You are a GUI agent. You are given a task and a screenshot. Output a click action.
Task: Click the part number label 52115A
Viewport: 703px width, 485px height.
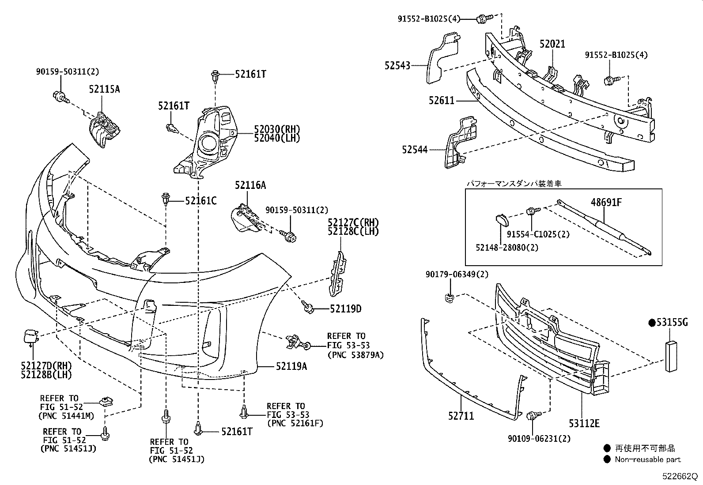click(104, 89)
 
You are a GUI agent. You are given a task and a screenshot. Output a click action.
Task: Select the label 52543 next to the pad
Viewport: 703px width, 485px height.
click(397, 65)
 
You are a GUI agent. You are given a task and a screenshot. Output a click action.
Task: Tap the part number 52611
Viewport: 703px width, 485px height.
click(441, 101)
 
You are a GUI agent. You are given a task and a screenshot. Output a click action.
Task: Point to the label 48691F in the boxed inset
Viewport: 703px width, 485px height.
click(606, 203)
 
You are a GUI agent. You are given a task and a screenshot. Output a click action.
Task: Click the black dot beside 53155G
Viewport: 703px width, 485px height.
click(651, 323)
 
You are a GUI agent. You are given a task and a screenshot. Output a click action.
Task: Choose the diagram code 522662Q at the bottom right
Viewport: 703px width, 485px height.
click(678, 477)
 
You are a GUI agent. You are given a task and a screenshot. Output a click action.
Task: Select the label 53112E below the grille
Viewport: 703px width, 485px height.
click(584, 424)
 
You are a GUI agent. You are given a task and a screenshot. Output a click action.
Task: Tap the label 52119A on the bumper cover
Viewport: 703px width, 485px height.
click(291, 366)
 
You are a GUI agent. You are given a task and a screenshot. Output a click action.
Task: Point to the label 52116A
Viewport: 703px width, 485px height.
click(250, 185)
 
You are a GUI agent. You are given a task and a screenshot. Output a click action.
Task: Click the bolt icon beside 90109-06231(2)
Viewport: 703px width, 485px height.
click(533, 415)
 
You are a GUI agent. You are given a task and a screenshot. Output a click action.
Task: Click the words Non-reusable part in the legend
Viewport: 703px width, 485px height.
click(648, 459)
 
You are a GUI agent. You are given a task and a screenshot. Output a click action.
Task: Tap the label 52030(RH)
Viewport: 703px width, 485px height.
click(277, 129)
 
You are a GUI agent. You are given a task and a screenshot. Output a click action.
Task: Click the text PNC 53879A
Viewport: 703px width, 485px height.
click(355, 354)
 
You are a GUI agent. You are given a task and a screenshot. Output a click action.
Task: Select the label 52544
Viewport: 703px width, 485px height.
click(415, 150)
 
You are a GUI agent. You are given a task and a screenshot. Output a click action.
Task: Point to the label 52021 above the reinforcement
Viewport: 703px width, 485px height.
click(552, 44)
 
